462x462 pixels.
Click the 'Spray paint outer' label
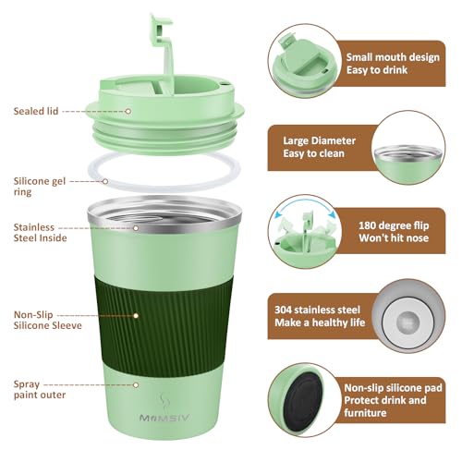(x=37, y=388)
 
